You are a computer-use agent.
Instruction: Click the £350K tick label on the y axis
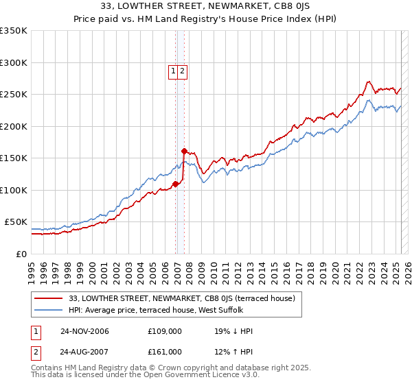[14, 31]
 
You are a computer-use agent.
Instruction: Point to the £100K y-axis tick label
[14, 190]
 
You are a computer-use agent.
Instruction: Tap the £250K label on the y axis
[14, 95]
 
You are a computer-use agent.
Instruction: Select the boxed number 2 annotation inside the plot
[183, 70]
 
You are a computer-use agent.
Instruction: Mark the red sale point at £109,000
[176, 184]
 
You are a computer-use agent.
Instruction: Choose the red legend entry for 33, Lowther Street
[182, 298]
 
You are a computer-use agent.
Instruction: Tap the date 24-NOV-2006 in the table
[84, 331]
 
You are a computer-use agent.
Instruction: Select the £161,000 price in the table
[165, 352]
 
